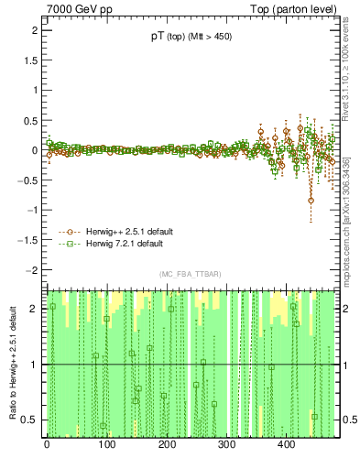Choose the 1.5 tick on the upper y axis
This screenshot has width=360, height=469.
point(27,60)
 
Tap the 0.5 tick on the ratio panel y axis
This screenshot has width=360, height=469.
point(27,420)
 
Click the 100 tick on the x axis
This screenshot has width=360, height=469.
point(106,445)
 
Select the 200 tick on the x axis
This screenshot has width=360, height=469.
point(167,445)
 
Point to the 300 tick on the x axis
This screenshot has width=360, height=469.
point(226,445)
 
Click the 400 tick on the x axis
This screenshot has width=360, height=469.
point(287,445)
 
